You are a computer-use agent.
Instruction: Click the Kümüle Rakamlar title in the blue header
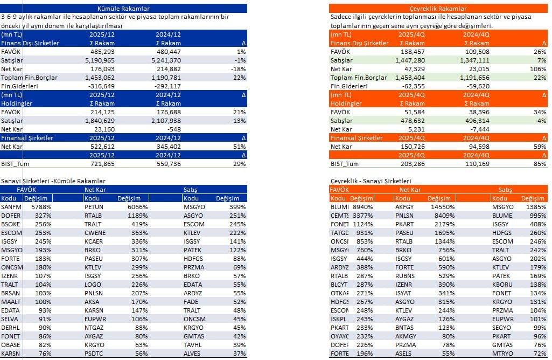123,9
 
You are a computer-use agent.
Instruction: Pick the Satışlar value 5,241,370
166,60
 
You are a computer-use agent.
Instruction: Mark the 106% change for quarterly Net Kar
539,69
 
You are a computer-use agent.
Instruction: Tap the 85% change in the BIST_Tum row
540,164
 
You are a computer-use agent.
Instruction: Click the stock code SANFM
11,207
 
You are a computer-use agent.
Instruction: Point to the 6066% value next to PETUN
137,207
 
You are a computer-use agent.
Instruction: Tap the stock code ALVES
193,354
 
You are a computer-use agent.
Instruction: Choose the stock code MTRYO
503,354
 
